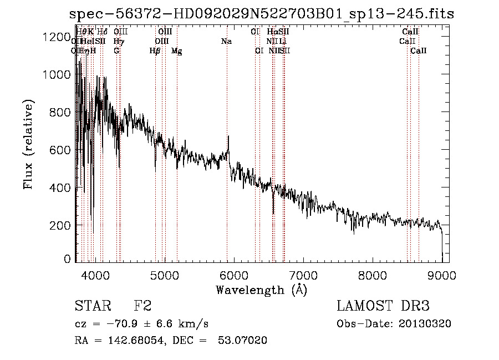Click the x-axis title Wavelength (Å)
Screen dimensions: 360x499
(x=261, y=290)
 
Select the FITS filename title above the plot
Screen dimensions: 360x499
(x=261, y=14)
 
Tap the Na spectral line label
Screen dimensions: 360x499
(x=226, y=41)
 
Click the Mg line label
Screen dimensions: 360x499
(x=177, y=50)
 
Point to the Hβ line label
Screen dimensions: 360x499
(x=155, y=50)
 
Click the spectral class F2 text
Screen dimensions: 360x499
(x=143, y=306)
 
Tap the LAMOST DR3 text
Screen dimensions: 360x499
(x=383, y=306)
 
